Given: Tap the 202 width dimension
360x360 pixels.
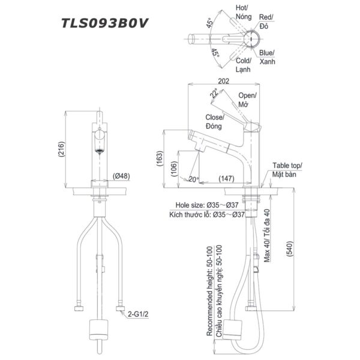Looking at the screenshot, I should [x=224, y=79].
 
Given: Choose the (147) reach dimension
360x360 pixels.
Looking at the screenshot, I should [x=226, y=178].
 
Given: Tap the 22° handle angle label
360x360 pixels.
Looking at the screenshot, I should [x=214, y=94].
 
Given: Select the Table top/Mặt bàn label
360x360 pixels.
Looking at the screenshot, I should [x=287, y=170].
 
